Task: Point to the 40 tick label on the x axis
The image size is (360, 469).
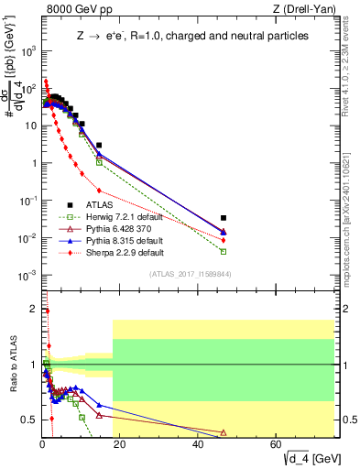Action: coord(199,444)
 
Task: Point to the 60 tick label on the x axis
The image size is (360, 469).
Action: coord(277,444)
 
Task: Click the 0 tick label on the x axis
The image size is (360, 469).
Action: coord(43,444)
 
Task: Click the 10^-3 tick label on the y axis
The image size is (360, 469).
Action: coord(27,276)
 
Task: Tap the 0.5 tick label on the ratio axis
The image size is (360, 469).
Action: coord(27,420)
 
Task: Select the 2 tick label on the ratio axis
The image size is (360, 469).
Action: coord(31,309)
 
